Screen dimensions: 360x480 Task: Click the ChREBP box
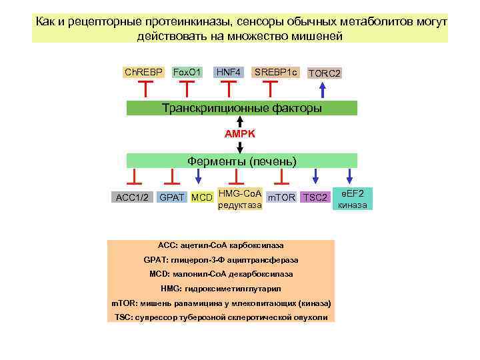click(143, 71)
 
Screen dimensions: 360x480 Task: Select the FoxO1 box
click(187, 71)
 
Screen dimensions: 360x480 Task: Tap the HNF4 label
click(229, 71)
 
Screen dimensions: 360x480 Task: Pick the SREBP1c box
click(275, 71)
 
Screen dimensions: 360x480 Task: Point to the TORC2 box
click(324, 73)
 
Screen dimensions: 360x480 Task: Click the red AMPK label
click(239, 134)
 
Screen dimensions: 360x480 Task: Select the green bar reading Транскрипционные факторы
click(241, 108)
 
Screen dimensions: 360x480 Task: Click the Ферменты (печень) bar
click(241, 161)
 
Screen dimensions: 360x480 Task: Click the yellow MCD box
click(201, 197)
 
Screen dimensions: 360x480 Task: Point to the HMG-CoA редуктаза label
click(240, 199)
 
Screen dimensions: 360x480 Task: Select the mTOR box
click(281, 197)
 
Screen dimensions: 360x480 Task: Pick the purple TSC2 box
click(315, 197)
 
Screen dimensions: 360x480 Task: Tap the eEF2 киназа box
click(351, 199)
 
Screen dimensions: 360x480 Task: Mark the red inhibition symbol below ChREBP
click(145, 87)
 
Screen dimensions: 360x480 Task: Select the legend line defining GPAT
click(221, 259)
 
